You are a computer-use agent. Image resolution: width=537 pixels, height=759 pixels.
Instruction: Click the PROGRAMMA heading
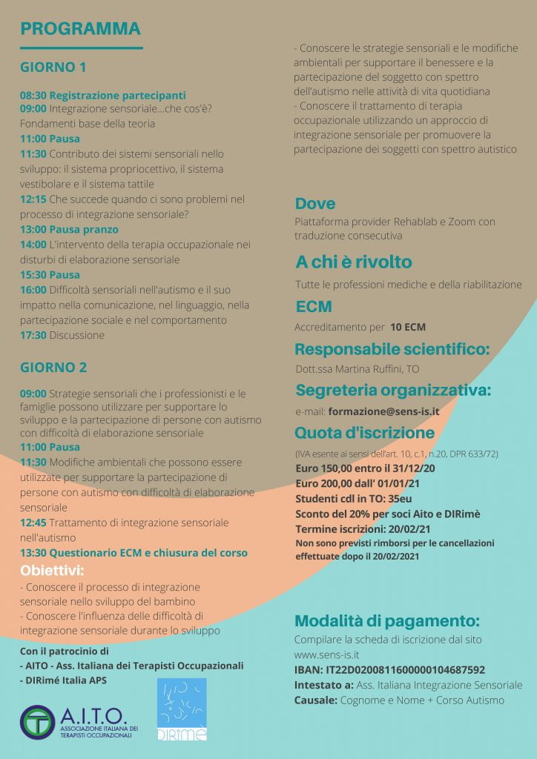click(81, 29)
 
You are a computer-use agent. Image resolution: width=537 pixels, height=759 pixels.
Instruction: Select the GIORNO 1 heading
click(53, 67)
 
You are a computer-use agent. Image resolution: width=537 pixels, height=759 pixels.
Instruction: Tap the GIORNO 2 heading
click(53, 367)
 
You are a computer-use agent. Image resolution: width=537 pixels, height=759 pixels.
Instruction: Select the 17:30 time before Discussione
click(33, 335)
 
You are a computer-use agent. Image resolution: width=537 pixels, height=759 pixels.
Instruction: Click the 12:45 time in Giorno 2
click(33, 523)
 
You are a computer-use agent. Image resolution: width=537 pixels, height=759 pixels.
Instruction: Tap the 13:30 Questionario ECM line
click(134, 553)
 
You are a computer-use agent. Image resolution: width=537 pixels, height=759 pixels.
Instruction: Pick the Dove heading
click(314, 204)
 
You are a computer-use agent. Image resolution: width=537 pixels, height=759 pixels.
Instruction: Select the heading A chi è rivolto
click(353, 262)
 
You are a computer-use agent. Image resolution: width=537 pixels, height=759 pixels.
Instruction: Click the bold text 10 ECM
click(408, 327)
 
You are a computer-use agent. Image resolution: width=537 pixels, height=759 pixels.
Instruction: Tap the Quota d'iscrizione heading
click(364, 433)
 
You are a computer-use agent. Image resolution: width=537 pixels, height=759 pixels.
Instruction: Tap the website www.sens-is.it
click(327, 655)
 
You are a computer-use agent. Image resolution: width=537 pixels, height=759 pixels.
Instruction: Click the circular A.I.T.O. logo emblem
click(38, 723)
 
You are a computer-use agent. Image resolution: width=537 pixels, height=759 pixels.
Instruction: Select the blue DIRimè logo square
click(182, 709)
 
